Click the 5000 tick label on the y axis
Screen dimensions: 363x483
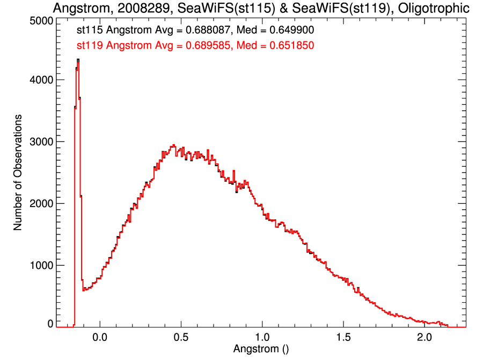tap(38, 20)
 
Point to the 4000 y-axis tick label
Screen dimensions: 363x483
tap(38, 80)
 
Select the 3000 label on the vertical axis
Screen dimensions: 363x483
tap(38, 142)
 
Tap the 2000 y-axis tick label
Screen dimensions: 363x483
tap(38, 204)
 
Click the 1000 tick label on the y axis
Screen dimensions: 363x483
tap(38, 266)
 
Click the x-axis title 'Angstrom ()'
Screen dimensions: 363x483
tap(261, 349)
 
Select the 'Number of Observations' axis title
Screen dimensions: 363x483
tap(18, 172)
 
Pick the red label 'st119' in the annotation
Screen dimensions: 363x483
tap(90, 46)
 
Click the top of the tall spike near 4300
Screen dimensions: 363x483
tap(78, 60)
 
